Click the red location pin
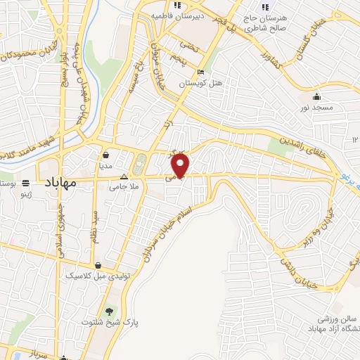coord(181,166)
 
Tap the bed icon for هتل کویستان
coord(200,72)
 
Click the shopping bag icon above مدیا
coord(105,155)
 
